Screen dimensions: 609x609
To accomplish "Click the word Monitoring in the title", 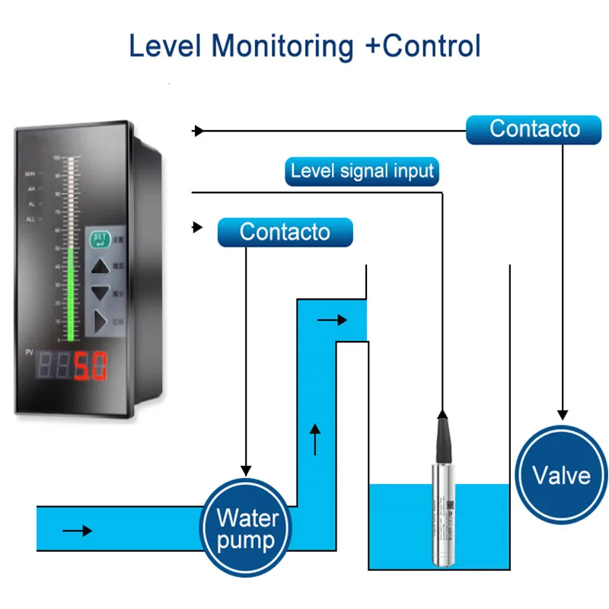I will point(282,46).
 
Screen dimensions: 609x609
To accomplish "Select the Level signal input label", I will point(362,171).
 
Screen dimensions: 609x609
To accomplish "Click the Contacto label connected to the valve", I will point(534,129).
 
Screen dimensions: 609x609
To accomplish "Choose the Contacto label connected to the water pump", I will point(285,231).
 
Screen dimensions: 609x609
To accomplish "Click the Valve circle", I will point(561,475).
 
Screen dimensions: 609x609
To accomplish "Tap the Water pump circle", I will point(246,529).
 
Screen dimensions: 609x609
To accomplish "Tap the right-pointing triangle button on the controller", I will point(100,321).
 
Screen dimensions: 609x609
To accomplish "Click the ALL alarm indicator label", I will point(31,219).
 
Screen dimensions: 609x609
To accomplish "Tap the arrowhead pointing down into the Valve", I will point(562,413).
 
